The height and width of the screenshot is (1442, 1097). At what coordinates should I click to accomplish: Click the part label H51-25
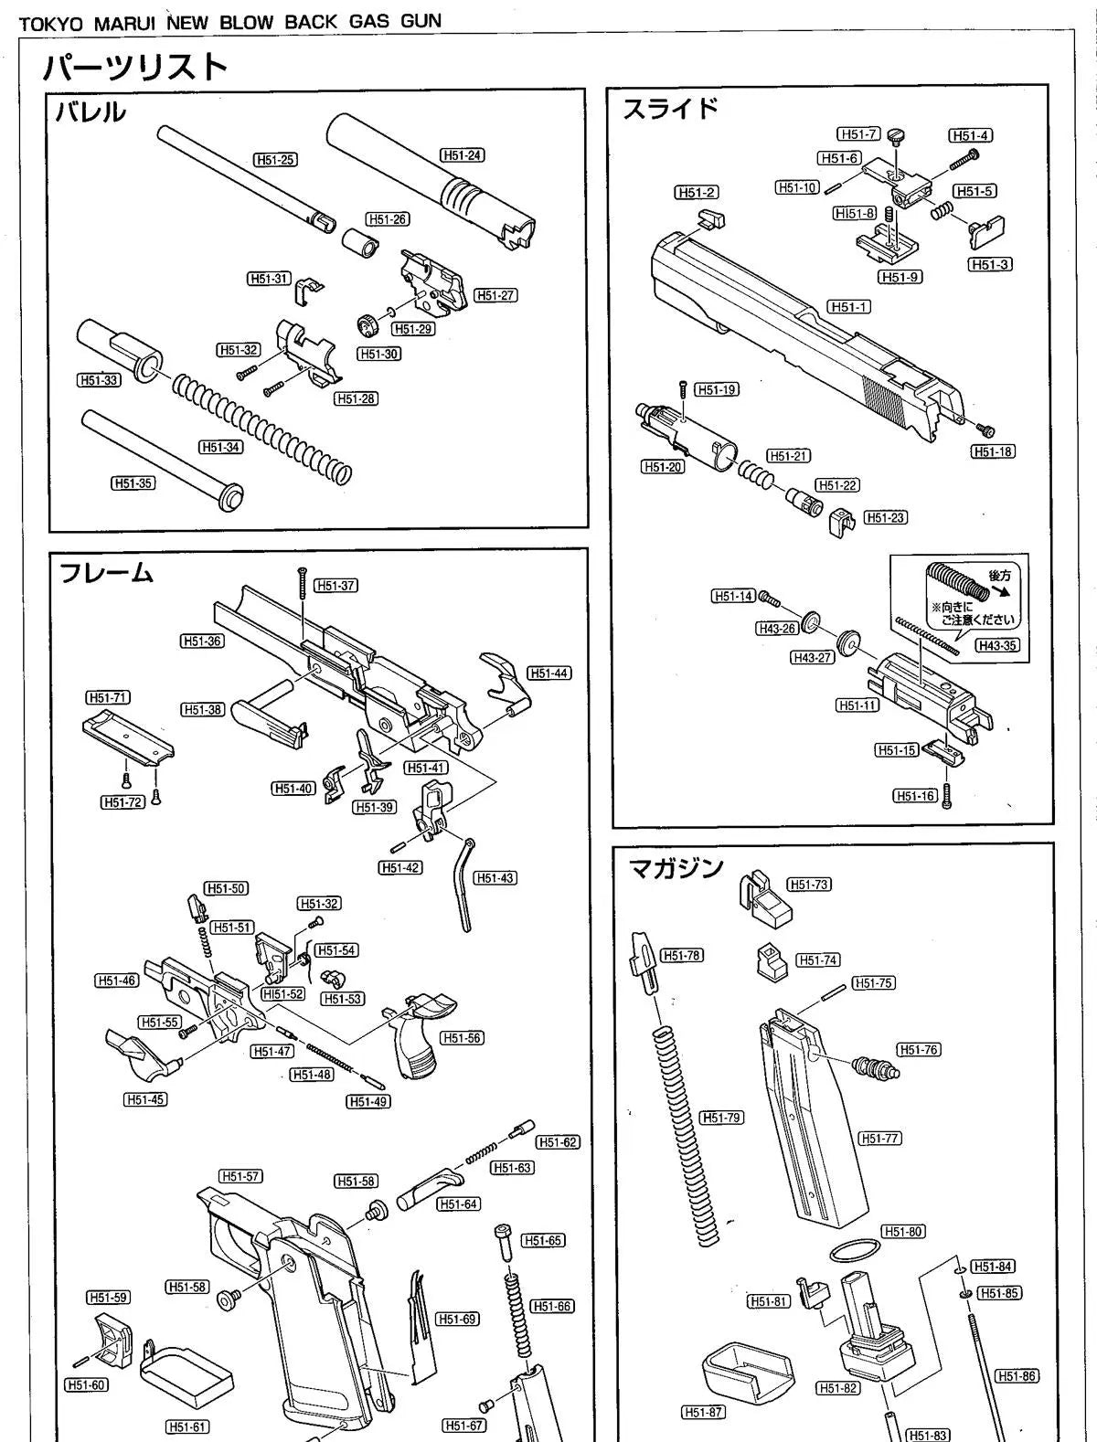[x=276, y=160]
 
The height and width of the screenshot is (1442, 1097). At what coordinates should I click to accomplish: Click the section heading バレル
[x=89, y=113]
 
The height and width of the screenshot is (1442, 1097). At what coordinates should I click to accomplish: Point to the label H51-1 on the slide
[x=848, y=307]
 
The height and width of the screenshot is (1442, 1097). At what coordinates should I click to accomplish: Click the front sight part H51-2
[x=710, y=219]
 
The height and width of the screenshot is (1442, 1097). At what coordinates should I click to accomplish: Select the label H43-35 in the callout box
[x=996, y=645]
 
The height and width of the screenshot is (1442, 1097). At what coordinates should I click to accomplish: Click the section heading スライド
[x=671, y=109]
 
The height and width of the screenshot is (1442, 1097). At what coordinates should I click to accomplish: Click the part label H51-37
[x=335, y=586]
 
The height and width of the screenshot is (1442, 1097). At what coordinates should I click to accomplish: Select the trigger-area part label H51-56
[x=462, y=1038]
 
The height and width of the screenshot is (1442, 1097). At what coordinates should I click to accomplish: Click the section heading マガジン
[x=677, y=867]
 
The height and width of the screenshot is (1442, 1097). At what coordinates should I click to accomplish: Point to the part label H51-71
[x=108, y=697]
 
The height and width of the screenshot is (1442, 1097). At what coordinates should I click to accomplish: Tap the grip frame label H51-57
[x=240, y=1176]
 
